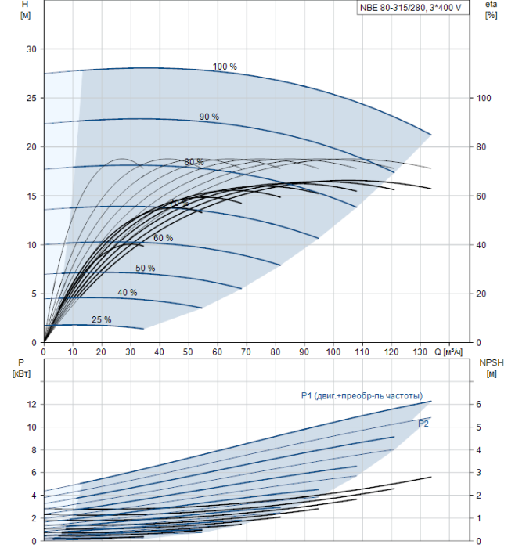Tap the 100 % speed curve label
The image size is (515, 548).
coord(225,67)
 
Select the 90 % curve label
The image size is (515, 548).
coord(209,117)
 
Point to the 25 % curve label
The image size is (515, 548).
coord(102,319)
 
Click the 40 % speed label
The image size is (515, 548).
coord(128,293)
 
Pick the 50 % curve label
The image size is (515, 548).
coord(145,269)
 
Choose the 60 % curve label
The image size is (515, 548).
coord(164,238)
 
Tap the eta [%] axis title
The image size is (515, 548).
coord(492,10)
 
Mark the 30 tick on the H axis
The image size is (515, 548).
coord(32,49)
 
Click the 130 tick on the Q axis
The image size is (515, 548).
coord(421,353)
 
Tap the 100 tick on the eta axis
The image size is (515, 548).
coord(484,98)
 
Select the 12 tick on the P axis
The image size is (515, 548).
coord(32,405)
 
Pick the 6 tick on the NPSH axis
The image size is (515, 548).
coord(481,405)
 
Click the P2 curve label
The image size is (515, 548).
coord(423,424)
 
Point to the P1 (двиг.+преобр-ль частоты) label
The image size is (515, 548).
coord(362,396)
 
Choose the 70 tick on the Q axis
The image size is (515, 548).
coord(247,353)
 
